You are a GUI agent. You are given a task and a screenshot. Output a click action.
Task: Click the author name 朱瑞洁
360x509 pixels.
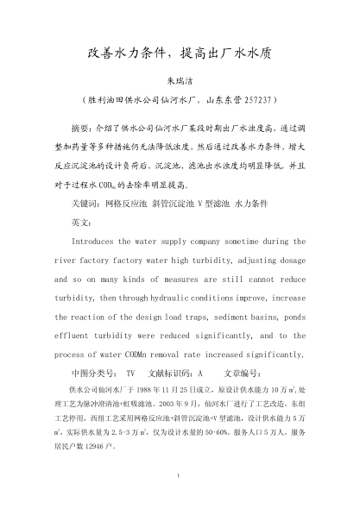pyautogui.click(x=180, y=76)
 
